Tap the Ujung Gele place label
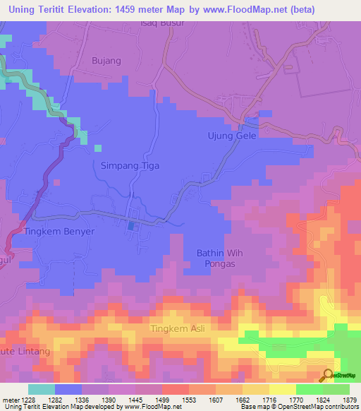pos(231,136)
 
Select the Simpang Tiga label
pos(127,165)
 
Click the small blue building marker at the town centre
pos(133,226)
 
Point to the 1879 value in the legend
pos(350,400)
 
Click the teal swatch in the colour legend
pos(42,389)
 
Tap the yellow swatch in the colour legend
pos(282,389)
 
